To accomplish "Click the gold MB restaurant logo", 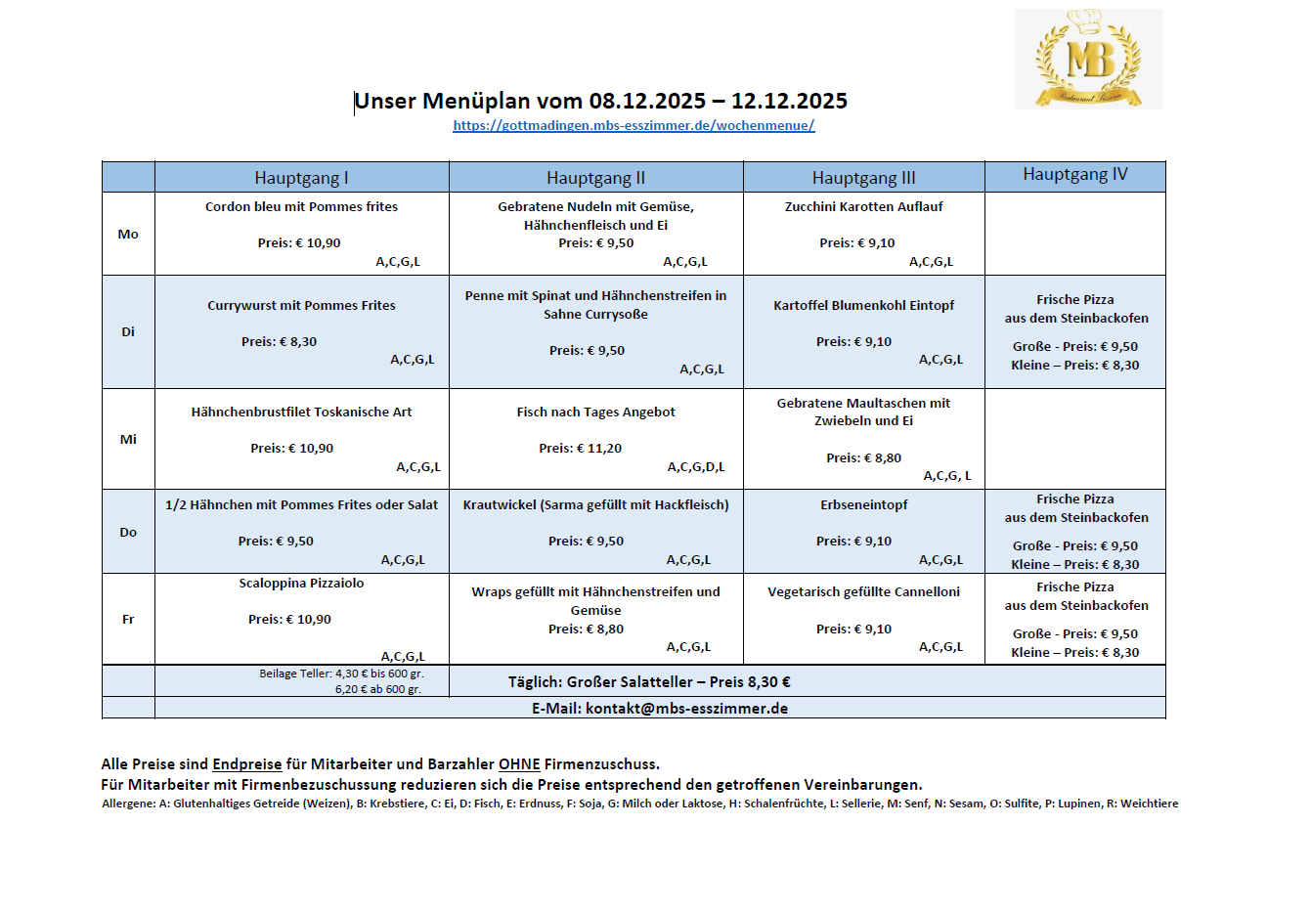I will point(1088,59).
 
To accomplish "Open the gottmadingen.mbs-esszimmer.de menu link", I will point(634,125).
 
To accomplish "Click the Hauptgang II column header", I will point(595,178).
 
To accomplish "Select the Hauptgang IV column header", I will point(1074,175).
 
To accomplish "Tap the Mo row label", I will point(128,235).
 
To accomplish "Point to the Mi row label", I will point(128,440).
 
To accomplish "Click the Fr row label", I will point(128,620).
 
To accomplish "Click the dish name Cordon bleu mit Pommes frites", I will point(301,207).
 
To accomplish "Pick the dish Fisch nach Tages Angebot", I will point(595,413).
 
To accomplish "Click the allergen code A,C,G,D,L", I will point(696,467).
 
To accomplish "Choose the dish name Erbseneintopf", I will point(863,505).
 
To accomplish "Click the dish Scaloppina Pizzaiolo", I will point(301,584).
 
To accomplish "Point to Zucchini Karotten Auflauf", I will point(863,207).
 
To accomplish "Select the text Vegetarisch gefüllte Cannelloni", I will point(863,592).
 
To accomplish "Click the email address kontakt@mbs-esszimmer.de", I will point(686,709).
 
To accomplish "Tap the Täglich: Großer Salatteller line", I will point(648,682).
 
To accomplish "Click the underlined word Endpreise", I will point(246,764).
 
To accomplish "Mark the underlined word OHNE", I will point(519,764).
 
